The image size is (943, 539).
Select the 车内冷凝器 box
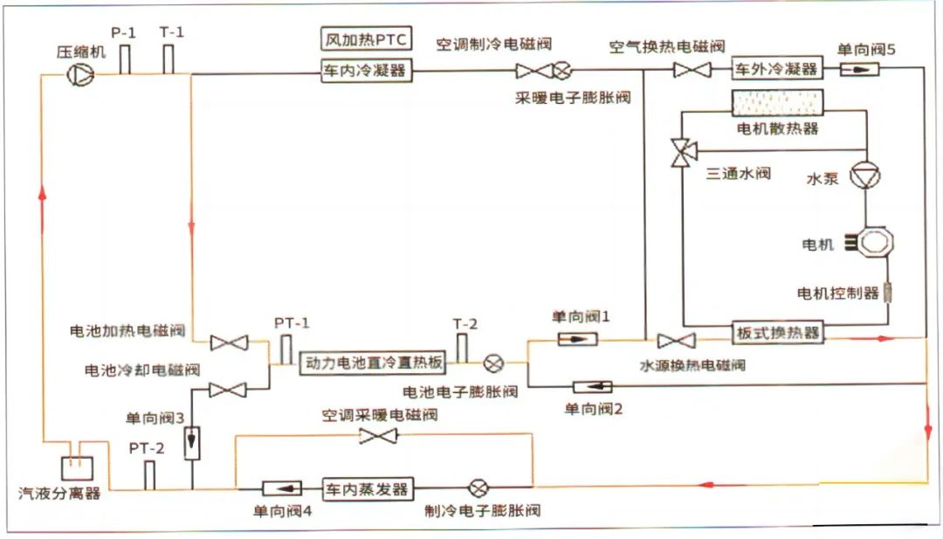pyautogui.click(x=365, y=71)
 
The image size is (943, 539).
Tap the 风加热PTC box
pyautogui.click(x=365, y=40)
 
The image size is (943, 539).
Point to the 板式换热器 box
pyautogui.click(x=776, y=334)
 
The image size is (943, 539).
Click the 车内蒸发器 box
pyautogui.click(x=366, y=488)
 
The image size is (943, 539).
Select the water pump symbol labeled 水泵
pyautogui.click(x=865, y=176)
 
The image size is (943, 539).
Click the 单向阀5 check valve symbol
pyautogui.click(x=861, y=70)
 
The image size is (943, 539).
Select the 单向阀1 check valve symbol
pyautogui.click(x=577, y=338)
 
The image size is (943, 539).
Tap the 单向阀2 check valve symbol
pyautogui.click(x=593, y=386)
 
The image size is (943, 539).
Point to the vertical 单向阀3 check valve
pyautogui.click(x=191, y=443)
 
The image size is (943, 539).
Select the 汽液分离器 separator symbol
pyautogui.click(x=76, y=470)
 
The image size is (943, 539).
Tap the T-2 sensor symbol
pyautogui.click(x=462, y=347)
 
